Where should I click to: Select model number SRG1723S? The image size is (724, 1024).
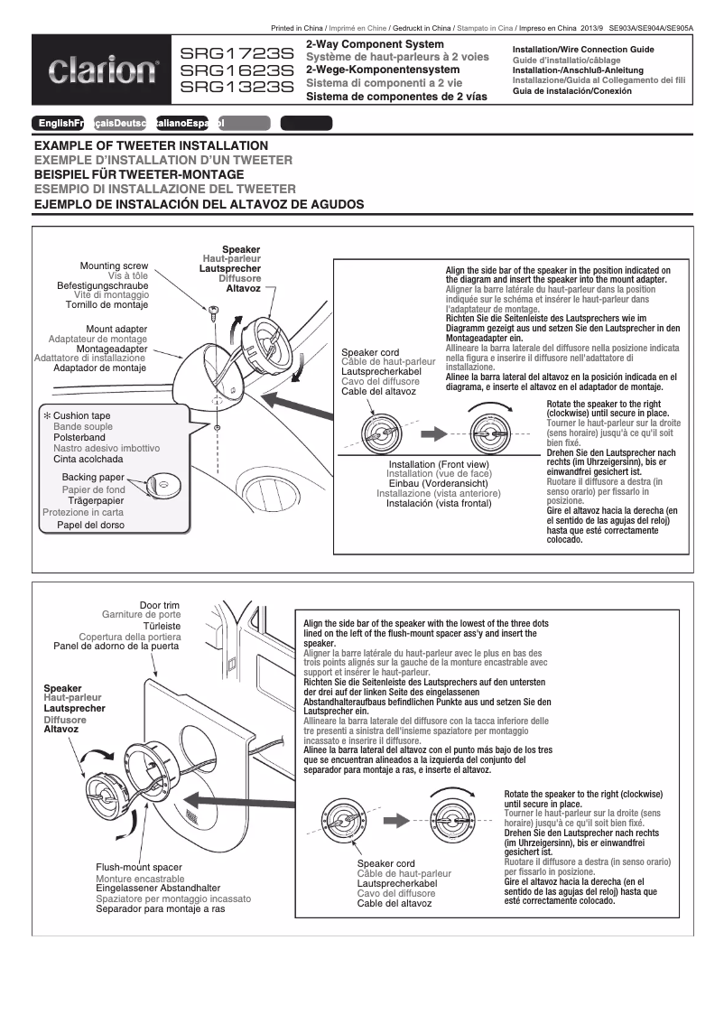[237, 54]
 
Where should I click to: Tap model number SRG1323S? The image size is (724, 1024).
[237, 88]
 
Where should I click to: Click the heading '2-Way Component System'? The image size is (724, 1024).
[375, 44]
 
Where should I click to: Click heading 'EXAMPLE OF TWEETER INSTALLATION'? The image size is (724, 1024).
[151, 145]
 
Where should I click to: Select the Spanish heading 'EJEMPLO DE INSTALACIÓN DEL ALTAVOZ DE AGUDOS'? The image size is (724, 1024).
[199, 205]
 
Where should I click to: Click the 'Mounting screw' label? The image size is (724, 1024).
[114, 266]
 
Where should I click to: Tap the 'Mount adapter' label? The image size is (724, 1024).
[116, 329]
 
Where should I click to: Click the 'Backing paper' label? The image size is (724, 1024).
[93, 477]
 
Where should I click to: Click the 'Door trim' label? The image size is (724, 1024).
[159, 605]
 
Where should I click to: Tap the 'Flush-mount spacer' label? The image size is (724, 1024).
[139, 868]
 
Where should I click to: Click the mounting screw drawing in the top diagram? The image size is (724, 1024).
[214, 312]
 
